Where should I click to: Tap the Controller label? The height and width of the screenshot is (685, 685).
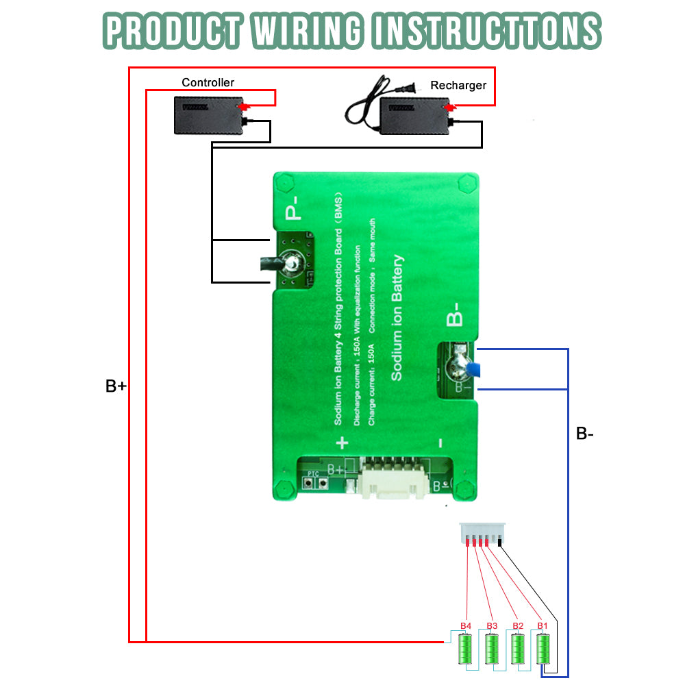208,83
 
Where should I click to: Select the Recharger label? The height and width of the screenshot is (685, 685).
458,86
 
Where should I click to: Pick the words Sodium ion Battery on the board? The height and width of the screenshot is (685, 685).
397,319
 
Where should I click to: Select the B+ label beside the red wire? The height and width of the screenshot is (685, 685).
116,386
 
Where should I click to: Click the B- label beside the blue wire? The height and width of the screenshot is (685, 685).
584,433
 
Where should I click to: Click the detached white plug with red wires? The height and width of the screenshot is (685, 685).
482,534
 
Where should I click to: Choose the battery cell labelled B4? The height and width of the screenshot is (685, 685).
466,649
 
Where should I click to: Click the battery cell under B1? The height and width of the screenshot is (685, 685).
543,649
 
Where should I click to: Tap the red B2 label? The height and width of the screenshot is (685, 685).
517,626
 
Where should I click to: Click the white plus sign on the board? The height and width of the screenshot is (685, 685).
342,443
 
